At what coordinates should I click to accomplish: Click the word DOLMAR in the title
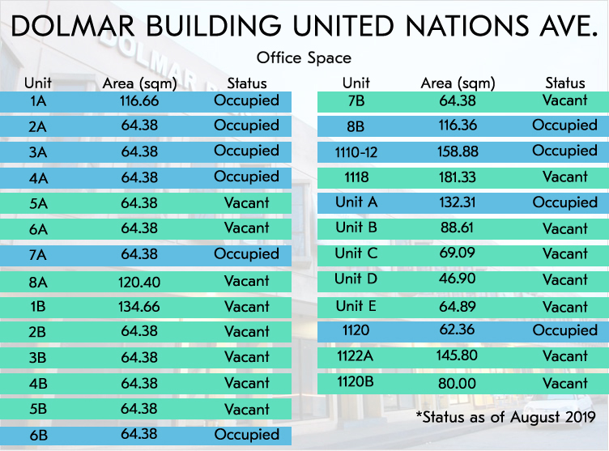tap(67, 26)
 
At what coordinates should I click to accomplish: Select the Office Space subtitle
tap(304, 58)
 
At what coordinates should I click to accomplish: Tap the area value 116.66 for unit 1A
tap(138, 101)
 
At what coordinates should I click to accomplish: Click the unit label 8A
tap(38, 282)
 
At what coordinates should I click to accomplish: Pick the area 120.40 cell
tap(138, 282)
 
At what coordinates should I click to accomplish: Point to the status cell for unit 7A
tap(246, 254)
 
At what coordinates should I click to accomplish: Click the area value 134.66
tap(138, 307)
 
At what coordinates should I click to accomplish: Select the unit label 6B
tap(38, 435)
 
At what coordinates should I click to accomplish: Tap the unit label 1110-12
tap(356, 151)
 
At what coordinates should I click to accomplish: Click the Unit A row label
tap(356, 202)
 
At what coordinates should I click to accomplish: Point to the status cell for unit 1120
tap(564, 330)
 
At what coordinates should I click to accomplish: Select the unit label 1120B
tap(356, 382)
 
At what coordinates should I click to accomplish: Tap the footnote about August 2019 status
tap(505, 418)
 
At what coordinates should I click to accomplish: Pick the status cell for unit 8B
tap(564, 126)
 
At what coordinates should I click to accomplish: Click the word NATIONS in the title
tap(449, 26)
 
